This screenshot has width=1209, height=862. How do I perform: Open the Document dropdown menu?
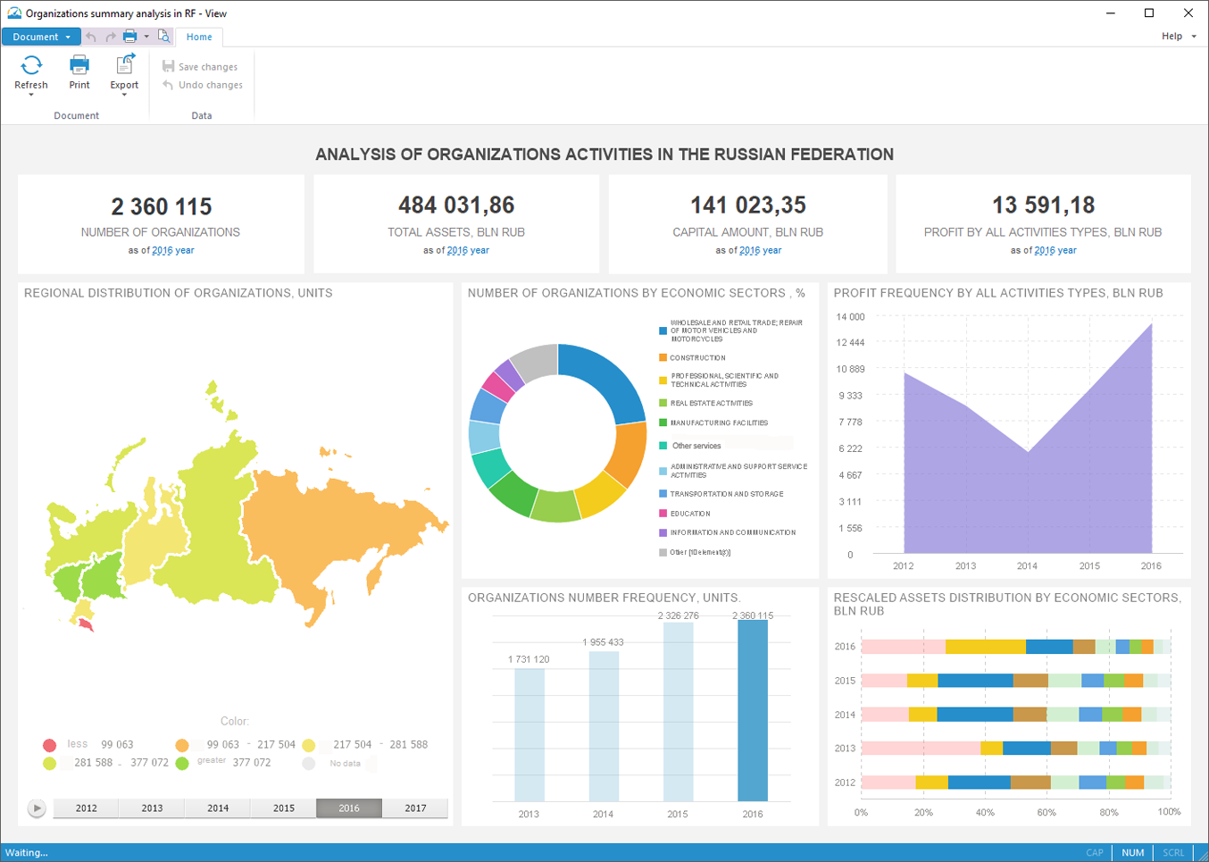[x=41, y=37]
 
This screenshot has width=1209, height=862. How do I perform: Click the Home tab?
[x=199, y=37]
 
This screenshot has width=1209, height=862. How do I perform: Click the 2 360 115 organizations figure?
[x=162, y=206]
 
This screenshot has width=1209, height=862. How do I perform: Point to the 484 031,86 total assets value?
[x=456, y=205]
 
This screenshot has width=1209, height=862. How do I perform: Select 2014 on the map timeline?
[x=218, y=808]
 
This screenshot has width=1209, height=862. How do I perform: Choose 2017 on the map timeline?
[x=415, y=808]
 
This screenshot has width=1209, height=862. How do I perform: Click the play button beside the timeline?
[x=37, y=808]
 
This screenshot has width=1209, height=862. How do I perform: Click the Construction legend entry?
[x=697, y=358]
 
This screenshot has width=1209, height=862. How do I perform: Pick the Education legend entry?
[x=690, y=514]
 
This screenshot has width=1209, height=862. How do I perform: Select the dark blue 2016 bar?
[x=753, y=710]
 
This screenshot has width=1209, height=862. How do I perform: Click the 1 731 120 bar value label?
[x=529, y=659]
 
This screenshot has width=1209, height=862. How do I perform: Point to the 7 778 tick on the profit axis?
[x=850, y=423]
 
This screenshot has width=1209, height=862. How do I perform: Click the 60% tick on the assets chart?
[x=1046, y=813]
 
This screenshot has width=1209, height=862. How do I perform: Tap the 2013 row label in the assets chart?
[x=845, y=749]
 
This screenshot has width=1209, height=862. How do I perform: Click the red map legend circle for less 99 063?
[x=49, y=745]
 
